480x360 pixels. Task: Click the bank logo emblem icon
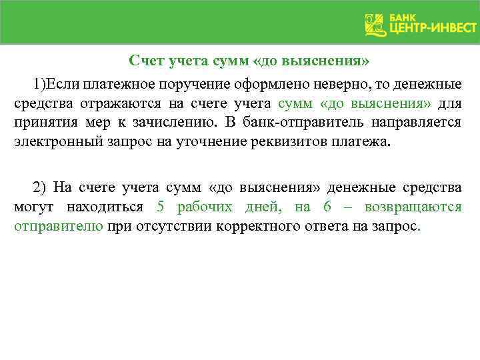[x=375, y=25]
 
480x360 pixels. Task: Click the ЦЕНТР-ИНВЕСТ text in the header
[x=432, y=29]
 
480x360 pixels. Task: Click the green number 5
[x=161, y=207]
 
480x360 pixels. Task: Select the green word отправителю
[x=59, y=225]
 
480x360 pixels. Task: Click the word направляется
[x=425, y=123]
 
